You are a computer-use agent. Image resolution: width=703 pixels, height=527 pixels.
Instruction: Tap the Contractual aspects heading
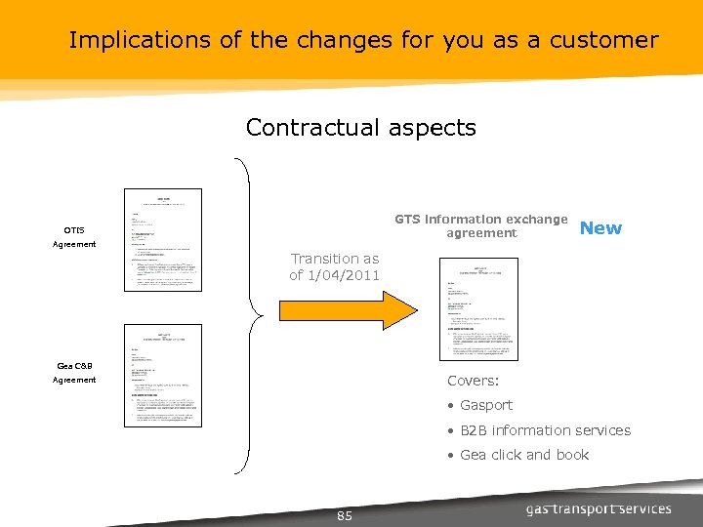click(360, 128)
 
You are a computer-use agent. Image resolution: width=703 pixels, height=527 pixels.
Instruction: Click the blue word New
click(600, 228)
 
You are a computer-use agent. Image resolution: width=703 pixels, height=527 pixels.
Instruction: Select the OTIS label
click(74, 230)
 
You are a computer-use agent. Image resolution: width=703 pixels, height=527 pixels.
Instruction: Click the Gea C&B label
click(74, 366)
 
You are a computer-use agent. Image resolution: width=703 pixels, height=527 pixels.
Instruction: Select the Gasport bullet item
click(485, 405)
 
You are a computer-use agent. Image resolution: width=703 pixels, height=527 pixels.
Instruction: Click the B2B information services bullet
click(544, 430)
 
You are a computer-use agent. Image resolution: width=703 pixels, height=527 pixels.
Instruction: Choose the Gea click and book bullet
click(523, 455)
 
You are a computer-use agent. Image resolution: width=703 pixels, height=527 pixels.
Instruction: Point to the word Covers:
click(474, 381)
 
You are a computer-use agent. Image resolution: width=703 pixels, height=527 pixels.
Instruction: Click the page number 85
click(344, 515)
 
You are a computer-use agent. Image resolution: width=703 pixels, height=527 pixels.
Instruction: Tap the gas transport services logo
click(598, 508)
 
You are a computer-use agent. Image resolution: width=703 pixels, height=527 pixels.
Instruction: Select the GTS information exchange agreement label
click(480, 226)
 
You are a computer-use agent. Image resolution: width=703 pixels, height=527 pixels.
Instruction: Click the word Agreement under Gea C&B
click(74, 380)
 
